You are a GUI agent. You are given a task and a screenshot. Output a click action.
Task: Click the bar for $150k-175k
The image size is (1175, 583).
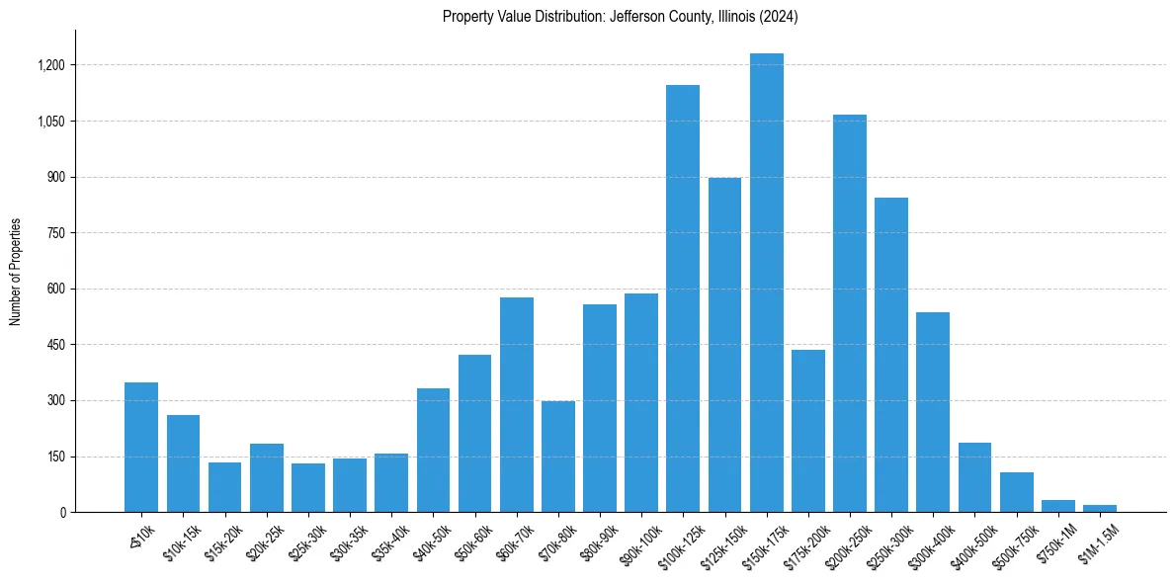click(x=766, y=283)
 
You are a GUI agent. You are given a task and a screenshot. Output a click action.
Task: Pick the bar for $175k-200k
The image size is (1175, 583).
click(x=807, y=431)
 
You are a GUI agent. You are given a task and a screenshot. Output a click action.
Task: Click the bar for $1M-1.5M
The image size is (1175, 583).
click(x=1100, y=508)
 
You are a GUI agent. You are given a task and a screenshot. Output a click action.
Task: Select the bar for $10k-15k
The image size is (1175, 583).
click(x=183, y=463)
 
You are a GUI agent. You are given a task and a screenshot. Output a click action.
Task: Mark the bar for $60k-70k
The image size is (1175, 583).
click(x=516, y=405)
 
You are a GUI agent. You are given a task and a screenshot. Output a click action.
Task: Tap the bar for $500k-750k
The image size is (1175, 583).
click(x=1016, y=492)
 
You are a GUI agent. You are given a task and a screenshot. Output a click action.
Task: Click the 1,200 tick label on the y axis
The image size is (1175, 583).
click(x=50, y=65)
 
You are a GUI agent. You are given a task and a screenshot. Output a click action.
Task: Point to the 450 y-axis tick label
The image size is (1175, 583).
click(x=55, y=345)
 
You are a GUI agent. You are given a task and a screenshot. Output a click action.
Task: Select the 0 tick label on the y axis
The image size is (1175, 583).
click(x=62, y=513)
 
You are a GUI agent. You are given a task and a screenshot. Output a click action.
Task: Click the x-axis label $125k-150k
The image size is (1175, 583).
click(x=724, y=541)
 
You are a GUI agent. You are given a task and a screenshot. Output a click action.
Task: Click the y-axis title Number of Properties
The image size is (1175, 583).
click(x=16, y=272)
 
